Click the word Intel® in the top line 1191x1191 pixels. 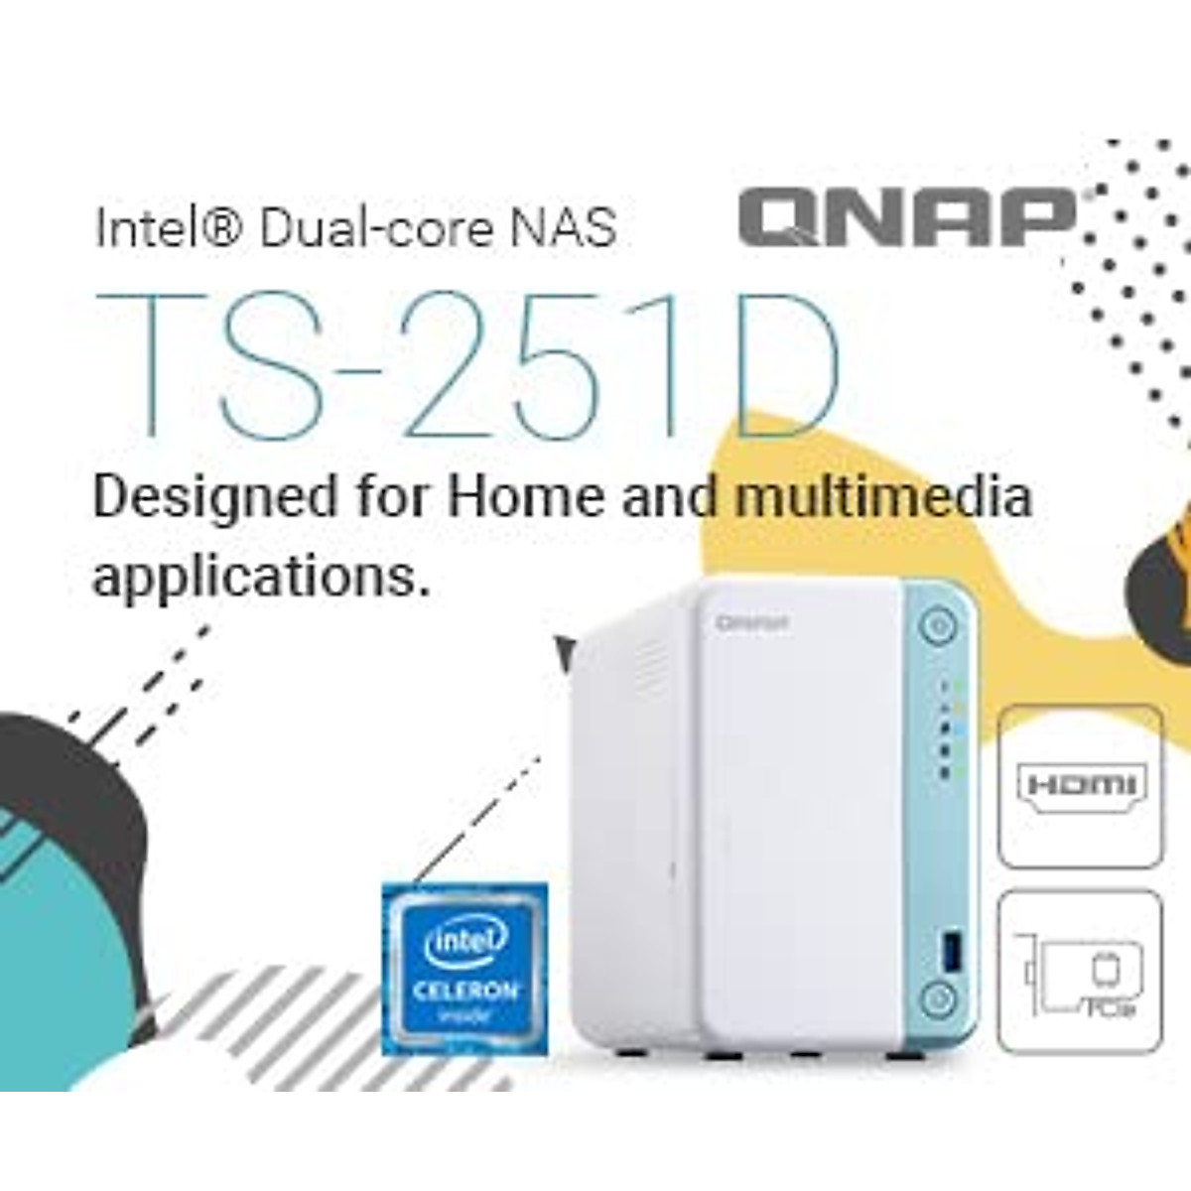[168, 227]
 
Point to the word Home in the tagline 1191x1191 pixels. [524, 495]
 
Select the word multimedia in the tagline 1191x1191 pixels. [883, 495]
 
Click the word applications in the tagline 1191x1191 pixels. [261, 575]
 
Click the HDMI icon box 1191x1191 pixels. [1081, 786]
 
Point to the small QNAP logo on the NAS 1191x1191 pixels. [753, 623]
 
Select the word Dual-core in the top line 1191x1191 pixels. [375, 227]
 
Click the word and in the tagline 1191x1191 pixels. [669, 495]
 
